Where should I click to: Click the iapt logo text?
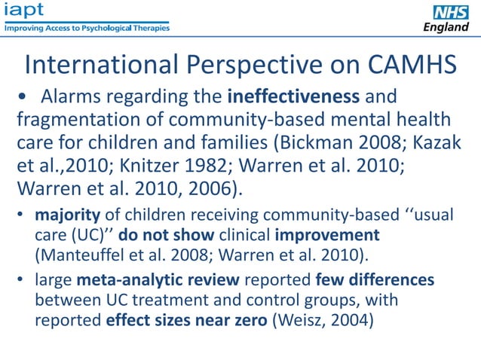pos(23,11)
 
